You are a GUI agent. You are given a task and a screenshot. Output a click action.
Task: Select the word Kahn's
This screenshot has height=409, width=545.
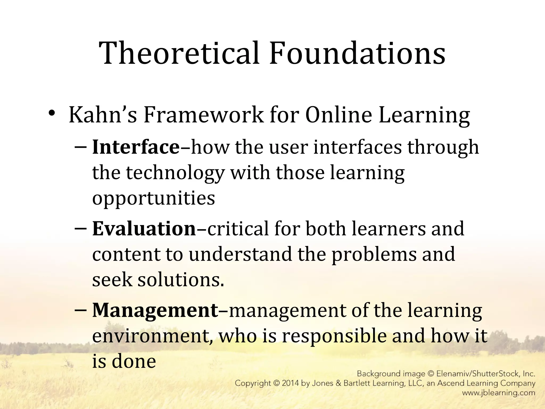coord(103,115)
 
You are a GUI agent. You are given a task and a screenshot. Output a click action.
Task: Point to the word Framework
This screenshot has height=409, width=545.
coord(203,115)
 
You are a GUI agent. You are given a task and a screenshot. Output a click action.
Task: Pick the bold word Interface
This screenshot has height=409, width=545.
coord(136,147)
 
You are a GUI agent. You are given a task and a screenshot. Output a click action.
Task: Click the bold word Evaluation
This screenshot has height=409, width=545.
coord(144,229)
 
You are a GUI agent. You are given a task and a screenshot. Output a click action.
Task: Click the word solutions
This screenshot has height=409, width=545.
coord(181,280)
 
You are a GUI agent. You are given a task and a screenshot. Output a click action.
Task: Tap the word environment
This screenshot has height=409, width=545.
coord(150,336)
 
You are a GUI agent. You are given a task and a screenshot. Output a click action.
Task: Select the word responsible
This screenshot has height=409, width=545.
coord(334,336)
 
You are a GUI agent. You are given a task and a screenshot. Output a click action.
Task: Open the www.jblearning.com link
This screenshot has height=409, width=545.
coord(498,393)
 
